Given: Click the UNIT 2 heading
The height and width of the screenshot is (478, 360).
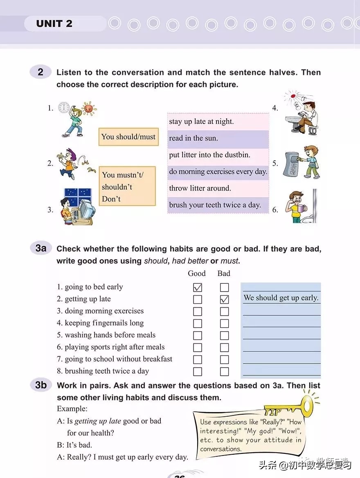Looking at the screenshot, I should pyautogui.click(x=54, y=24).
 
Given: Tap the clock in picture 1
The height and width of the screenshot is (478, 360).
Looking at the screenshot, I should pyautogui.click(x=64, y=108).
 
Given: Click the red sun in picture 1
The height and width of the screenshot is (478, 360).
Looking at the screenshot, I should pyautogui.click(x=88, y=109).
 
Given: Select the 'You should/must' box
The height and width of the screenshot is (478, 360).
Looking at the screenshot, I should pyautogui.click(x=128, y=137).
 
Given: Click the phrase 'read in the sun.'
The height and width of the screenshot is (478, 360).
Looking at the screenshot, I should pyautogui.click(x=193, y=138).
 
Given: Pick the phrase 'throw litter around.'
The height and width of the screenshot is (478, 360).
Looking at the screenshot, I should pyautogui.click(x=200, y=188).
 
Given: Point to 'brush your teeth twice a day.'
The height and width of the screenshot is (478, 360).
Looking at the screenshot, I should pyautogui.click(x=215, y=205).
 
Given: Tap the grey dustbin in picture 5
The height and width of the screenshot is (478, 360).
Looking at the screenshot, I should pyautogui.click(x=291, y=164).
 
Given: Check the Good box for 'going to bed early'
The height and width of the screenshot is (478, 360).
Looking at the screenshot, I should pyautogui.click(x=198, y=287).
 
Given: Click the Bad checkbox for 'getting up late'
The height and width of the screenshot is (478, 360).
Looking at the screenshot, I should pyautogui.click(x=224, y=299).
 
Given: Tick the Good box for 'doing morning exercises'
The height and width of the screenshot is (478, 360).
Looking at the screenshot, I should pyautogui.click(x=198, y=312).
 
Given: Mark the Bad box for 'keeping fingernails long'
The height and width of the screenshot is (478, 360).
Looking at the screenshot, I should pyautogui.click(x=224, y=323).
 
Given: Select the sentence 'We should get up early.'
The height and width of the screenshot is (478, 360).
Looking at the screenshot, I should pyautogui.click(x=281, y=298).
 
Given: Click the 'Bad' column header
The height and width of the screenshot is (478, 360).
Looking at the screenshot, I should pyautogui.click(x=224, y=274).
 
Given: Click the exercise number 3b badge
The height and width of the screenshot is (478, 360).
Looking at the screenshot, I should pyautogui.click(x=41, y=385).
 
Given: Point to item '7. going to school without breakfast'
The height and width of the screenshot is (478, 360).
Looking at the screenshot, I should pyautogui.click(x=115, y=359).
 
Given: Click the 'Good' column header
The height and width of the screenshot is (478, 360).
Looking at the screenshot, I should pyautogui.click(x=197, y=274).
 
